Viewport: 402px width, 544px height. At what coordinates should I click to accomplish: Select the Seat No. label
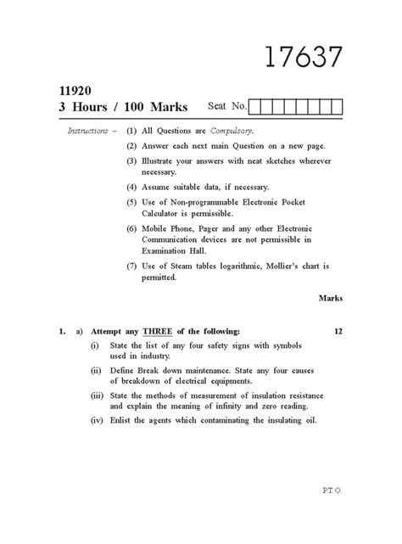tap(226, 106)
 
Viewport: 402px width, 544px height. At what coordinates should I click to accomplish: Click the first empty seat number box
tap(256, 106)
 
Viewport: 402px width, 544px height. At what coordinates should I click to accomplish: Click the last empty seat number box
tap(337, 106)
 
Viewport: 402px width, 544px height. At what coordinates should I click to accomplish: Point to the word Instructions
tap(87, 132)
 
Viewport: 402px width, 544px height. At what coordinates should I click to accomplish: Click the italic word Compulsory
tap(231, 132)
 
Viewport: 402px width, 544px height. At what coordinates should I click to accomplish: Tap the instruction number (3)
tap(131, 160)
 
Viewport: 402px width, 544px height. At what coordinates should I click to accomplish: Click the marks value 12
tap(338, 331)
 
